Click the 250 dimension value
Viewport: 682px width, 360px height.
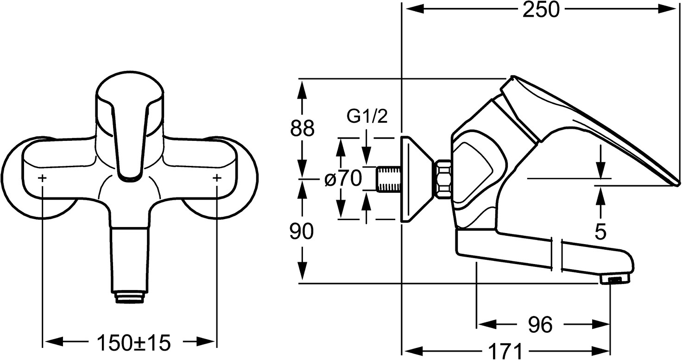pyautogui.click(x=541, y=10)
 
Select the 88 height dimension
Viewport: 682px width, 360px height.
pyautogui.click(x=302, y=128)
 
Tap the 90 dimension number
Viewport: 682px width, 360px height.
pyautogui.click(x=302, y=232)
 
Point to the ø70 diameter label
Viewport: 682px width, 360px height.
pyautogui.click(x=343, y=178)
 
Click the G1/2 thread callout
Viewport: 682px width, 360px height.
pyautogui.click(x=367, y=117)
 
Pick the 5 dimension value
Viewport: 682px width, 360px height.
pyautogui.click(x=600, y=232)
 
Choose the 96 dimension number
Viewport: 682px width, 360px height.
pyautogui.click(x=541, y=324)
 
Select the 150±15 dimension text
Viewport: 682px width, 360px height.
pyautogui.click(x=133, y=343)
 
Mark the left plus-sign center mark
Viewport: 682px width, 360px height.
pyautogui.click(x=43, y=178)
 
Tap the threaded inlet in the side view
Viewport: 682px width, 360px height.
pyautogui.click(x=388, y=178)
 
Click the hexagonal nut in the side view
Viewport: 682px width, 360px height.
pyautogui.click(x=443, y=179)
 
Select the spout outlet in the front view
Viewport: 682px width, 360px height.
pyautogui.click(x=130, y=297)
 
